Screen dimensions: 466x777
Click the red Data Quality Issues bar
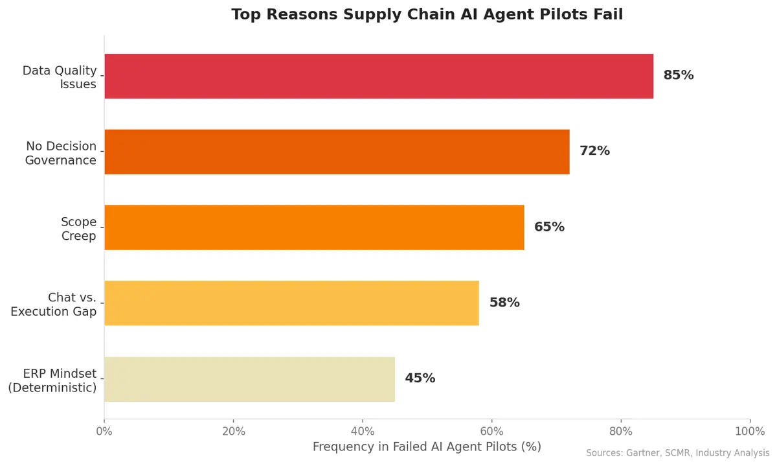click(379, 76)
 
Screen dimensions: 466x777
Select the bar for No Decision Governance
click(337, 152)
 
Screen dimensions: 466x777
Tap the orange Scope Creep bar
click(314, 227)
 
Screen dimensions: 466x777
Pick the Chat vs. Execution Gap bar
click(291, 303)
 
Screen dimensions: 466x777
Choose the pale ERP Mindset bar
click(249, 379)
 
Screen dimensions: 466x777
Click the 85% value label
click(678, 75)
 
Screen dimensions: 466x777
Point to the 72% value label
click(594, 151)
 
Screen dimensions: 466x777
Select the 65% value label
click(549, 227)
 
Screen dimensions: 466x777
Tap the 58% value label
click(504, 303)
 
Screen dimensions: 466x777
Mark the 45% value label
click(420, 379)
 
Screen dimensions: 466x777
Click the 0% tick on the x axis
click(104, 432)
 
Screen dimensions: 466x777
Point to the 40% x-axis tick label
click(363, 432)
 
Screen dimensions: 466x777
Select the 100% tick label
click(750, 432)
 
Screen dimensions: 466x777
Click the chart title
click(427, 14)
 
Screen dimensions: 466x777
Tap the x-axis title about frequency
click(427, 447)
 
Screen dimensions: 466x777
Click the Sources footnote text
click(677, 453)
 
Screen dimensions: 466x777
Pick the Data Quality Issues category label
click(60, 77)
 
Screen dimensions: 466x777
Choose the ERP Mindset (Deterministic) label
click(52, 381)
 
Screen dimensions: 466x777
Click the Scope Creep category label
click(78, 229)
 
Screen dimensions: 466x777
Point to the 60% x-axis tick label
click(492, 432)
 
